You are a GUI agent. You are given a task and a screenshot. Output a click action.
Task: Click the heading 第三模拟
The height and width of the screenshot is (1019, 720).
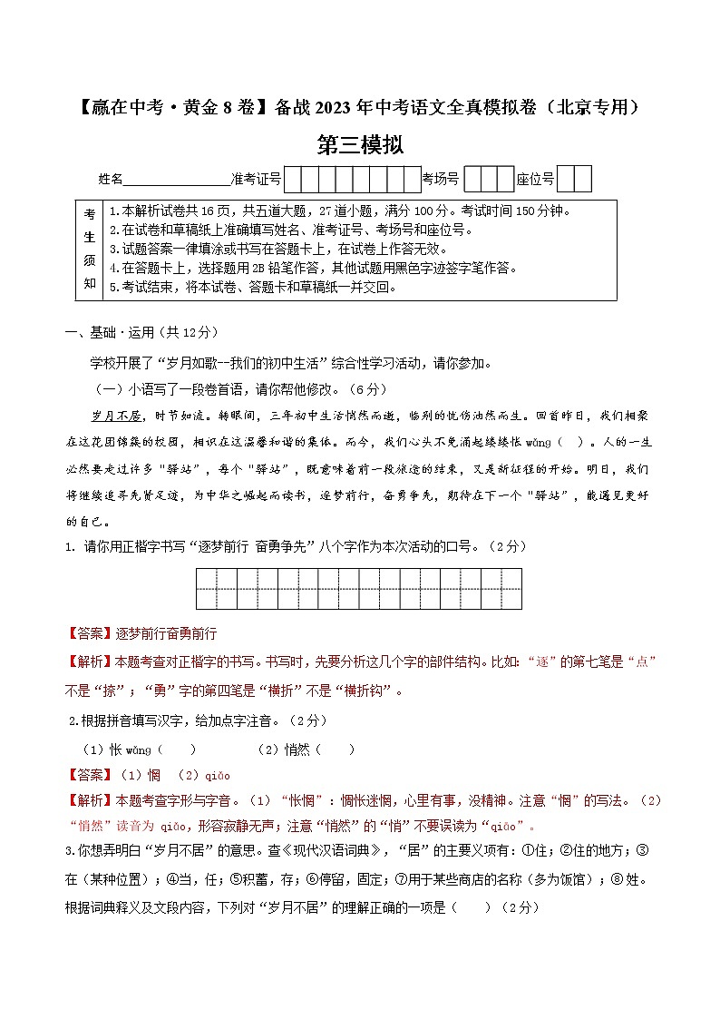[x=360, y=144]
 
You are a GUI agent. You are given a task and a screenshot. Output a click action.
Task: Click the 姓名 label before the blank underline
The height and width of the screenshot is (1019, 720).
[x=110, y=180]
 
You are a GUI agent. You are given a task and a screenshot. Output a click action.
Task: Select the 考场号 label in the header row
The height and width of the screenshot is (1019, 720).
[x=441, y=180]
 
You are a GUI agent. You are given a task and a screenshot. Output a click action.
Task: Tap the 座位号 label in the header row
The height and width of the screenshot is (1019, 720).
[x=535, y=180]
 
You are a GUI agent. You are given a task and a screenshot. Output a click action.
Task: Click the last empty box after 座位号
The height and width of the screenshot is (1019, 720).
[x=583, y=180]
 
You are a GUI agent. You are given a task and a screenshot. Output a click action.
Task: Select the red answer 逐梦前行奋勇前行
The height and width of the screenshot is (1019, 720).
[x=166, y=633]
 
